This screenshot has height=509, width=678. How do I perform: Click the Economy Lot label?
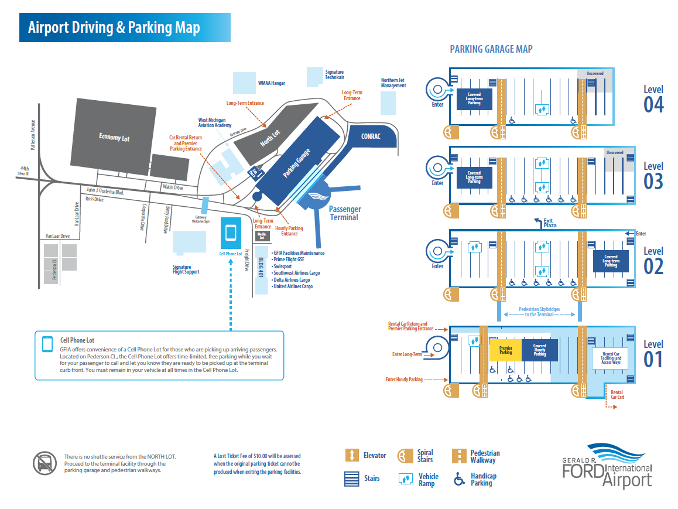114,138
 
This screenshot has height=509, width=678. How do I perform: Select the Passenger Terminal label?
344,213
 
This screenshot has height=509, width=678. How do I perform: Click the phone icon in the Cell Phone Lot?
231,233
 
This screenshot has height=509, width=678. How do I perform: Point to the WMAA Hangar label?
271,83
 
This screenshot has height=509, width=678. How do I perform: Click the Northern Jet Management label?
393,83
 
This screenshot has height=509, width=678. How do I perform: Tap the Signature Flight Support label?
186,269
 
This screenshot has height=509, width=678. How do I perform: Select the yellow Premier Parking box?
505,350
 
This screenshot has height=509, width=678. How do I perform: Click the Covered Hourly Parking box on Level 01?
540,350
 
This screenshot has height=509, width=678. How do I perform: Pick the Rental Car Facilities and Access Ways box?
611,357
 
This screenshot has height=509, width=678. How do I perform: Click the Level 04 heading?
653,98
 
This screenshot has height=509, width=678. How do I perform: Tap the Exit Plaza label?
549,223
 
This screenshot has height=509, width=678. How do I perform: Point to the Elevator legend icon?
352,455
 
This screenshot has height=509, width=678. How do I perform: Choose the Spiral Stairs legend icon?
403,456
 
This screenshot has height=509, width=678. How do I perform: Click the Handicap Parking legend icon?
460,479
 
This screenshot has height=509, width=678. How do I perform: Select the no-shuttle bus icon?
44,462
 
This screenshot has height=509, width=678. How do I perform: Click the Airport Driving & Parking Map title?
114,28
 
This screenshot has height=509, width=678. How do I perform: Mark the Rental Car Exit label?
617,395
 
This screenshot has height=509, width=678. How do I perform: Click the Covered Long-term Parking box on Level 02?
611,261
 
